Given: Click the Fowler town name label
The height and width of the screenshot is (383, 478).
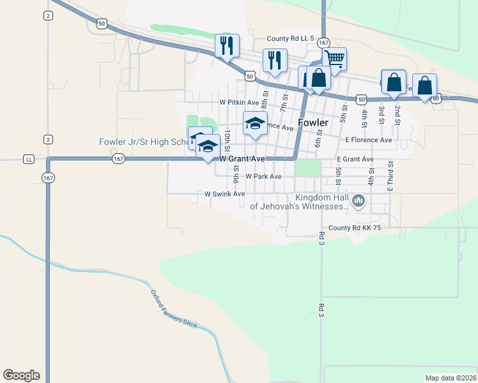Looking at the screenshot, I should (x=313, y=123).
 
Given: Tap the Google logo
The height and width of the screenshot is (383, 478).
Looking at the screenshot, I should (x=21, y=375).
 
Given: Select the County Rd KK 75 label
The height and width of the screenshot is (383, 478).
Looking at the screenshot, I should (x=355, y=228).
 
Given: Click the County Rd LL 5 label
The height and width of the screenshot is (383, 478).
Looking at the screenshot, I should (x=291, y=39).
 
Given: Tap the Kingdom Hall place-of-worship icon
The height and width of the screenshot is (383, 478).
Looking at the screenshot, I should (x=358, y=202).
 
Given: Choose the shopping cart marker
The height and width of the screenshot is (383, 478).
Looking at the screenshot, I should (x=335, y=60).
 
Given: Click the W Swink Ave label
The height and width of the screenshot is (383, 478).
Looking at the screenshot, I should (x=224, y=193).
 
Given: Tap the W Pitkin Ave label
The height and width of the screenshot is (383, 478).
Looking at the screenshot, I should (x=239, y=102).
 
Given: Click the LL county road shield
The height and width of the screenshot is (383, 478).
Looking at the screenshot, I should (x=29, y=158).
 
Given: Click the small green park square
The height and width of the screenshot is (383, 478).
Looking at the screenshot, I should (x=308, y=168).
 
